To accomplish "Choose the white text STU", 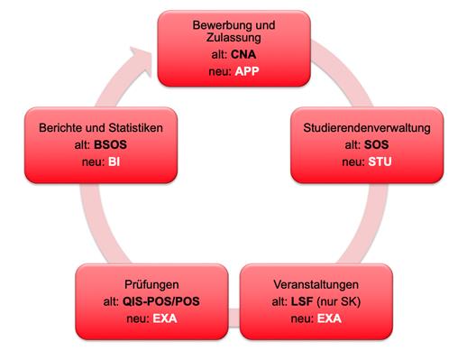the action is [x=379, y=162].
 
